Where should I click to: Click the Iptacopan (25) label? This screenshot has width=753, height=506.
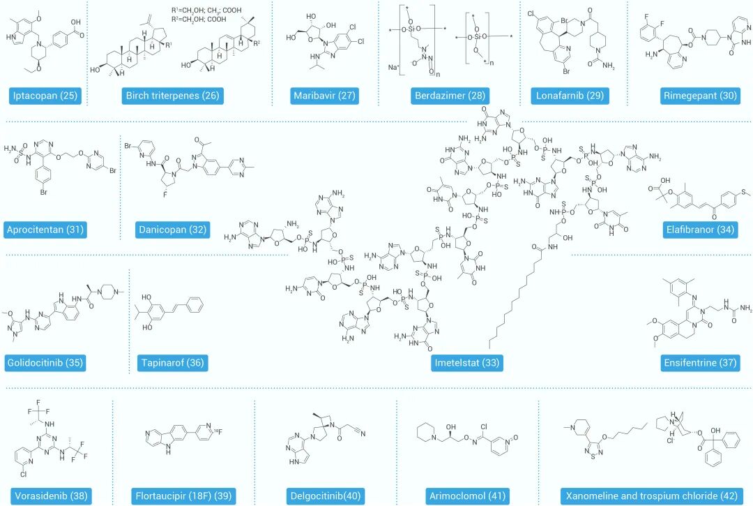click(45, 96)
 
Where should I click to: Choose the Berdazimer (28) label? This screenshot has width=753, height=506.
click(450, 96)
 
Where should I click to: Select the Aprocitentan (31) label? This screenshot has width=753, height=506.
click(46, 230)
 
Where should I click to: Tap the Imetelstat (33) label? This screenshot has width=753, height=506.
click(466, 364)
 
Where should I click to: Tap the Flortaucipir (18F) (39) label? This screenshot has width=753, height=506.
click(182, 496)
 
